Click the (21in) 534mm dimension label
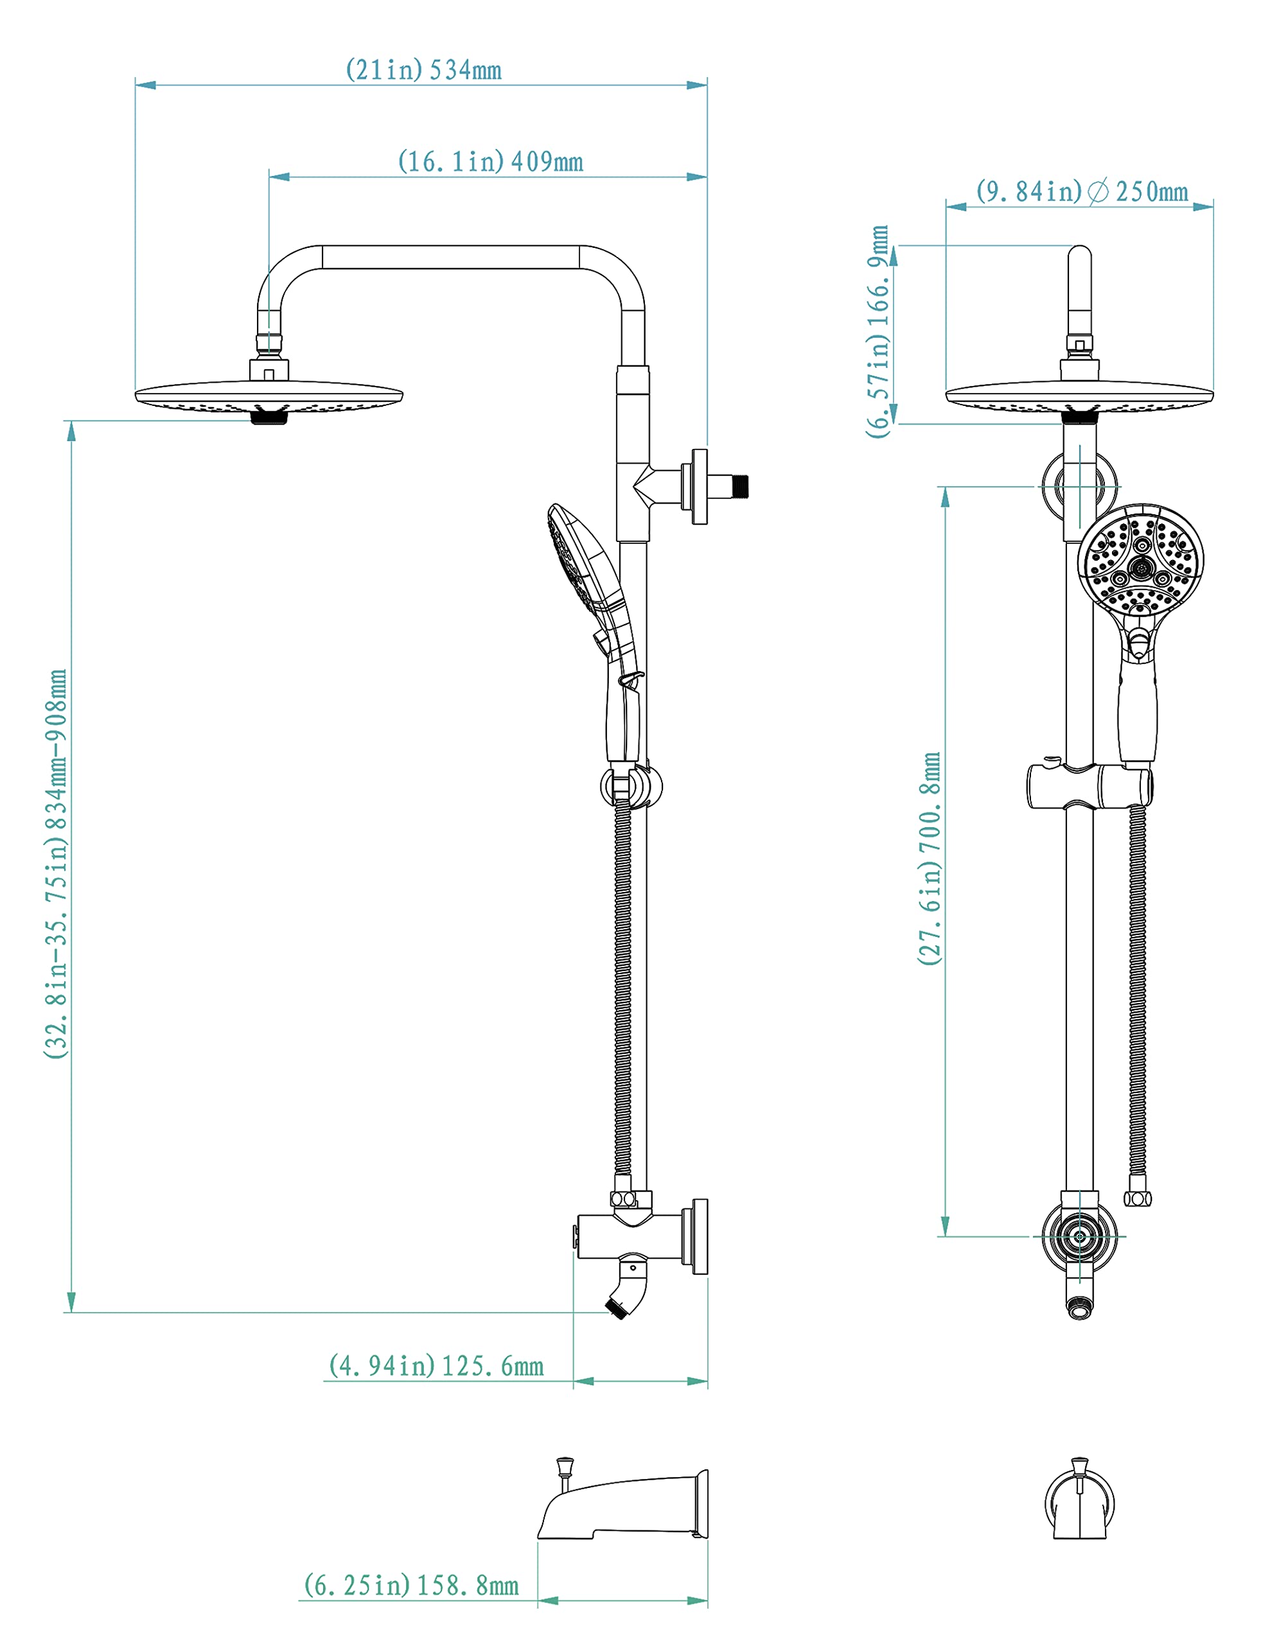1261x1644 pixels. tap(423, 71)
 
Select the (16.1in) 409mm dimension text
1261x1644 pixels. tap(490, 162)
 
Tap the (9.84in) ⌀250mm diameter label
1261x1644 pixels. tap(1082, 192)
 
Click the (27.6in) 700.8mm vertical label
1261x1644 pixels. tap(930, 859)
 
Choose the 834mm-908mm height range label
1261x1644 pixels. tap(57, 863)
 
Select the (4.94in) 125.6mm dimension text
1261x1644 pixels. tap(436, 1367)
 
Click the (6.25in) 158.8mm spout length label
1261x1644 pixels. tap(411, 1586)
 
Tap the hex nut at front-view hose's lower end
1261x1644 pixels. tap(1137, 1199)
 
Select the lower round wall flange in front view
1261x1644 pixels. tap(1079, 1237)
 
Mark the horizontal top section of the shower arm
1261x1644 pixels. tap(450, 258)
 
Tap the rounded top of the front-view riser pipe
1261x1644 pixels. tap(1079, 259)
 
